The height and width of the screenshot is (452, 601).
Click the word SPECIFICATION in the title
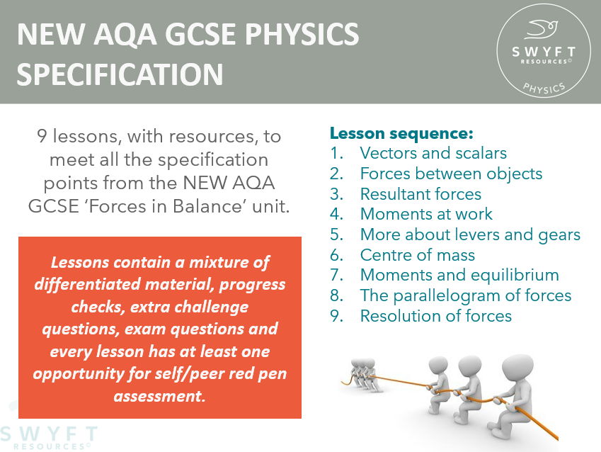point(120,73)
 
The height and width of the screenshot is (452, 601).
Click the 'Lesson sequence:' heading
point(401,133)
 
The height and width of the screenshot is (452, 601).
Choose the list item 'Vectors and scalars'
point(433,153)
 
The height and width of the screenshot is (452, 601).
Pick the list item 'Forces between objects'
point(451,174)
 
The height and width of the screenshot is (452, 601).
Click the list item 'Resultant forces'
point(420,194)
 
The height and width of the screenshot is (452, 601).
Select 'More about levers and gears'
point(470,235)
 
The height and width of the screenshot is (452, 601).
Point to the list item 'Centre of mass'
point(418,255)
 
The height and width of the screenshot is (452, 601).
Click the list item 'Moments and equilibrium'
point(459,275)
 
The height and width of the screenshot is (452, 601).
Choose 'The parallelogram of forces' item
point(466,295)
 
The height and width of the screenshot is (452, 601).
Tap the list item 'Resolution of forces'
point(435,316)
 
